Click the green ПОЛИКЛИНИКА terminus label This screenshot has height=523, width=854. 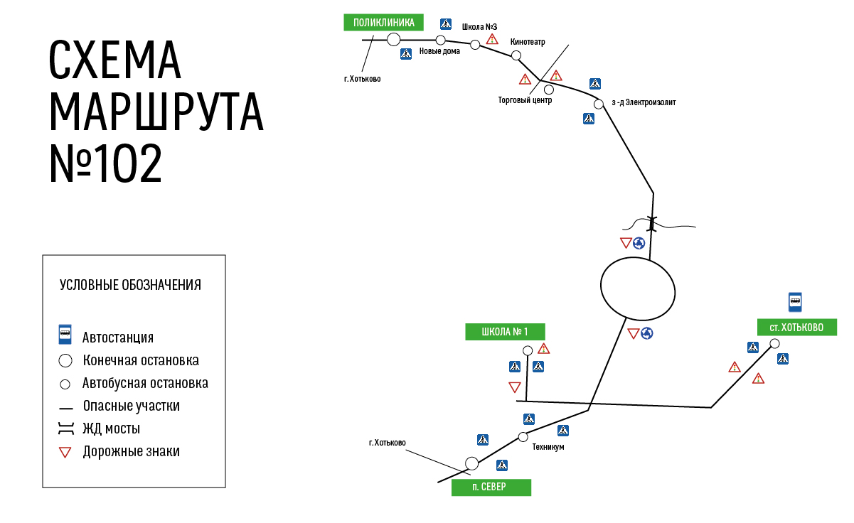tap(383, 23)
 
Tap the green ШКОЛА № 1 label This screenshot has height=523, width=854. tap(505, 332)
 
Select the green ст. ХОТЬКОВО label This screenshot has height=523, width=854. tap(797, 327)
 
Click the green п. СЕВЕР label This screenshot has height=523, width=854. tap(491, 487)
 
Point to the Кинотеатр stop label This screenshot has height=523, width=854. tap(528, 42)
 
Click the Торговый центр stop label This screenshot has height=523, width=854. tap(525, 100)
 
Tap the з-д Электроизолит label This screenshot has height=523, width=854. tap(644, 102)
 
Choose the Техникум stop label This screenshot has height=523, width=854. tap(548, 447)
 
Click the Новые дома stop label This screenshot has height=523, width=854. tap(439, 51)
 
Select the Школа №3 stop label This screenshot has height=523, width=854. tap(479, 27)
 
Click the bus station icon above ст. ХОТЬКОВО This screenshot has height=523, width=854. tap(795, 302)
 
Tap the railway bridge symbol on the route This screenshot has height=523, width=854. tap(652, 224)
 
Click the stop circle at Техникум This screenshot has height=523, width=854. tap(523, 437)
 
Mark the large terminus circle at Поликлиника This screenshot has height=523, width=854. tap(393, 40)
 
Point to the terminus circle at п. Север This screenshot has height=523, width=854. tap(472, 463)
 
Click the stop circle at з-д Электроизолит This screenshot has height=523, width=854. tap(599, 104)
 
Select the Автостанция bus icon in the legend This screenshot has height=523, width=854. tap(65, 335)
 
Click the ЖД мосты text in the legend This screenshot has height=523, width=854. tap(112, 428)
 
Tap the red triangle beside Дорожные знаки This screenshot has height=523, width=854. tap(65, 452)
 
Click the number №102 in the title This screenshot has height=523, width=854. tap(106, 163)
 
